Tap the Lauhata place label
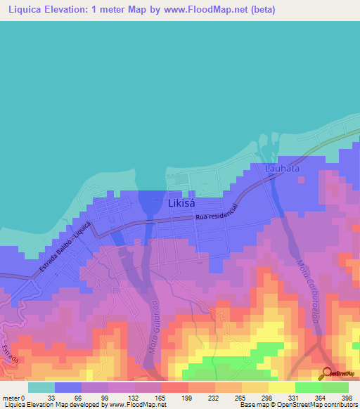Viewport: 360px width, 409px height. (283, 169)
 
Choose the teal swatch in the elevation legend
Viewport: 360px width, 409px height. (41, 387)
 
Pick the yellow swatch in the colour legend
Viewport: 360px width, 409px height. (281, 387)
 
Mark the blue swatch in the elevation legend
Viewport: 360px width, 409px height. (67, 387)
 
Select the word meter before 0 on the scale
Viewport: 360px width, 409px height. (11, 397)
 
